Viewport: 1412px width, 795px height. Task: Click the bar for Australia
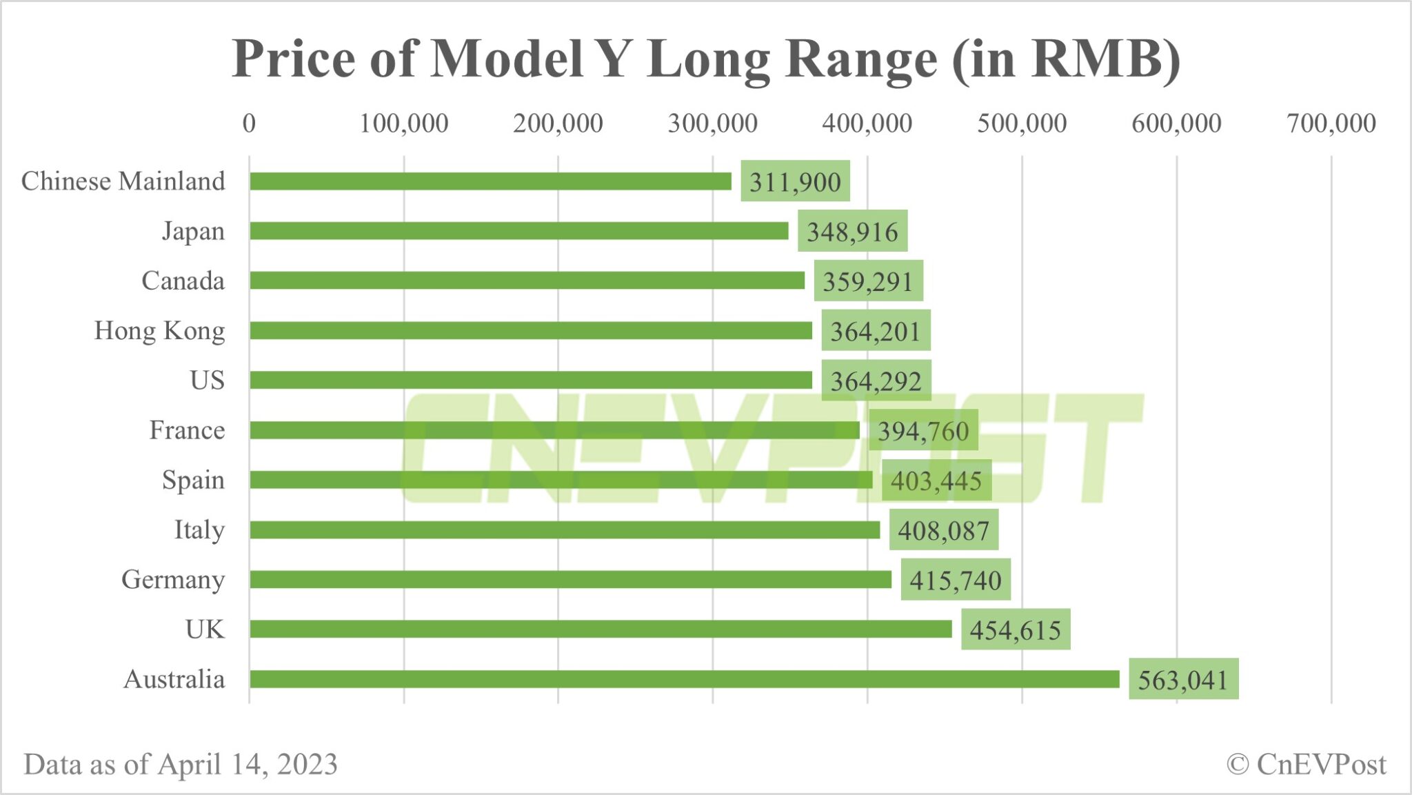(684, 679)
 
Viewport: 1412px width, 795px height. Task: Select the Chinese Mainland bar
(490, 181)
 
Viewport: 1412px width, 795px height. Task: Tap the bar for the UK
(601, 629)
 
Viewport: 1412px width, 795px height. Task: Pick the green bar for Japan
(518, 231)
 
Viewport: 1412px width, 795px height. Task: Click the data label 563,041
(1183, 680)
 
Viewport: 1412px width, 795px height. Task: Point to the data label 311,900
(795, 182)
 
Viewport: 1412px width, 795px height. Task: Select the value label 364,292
(876, 381)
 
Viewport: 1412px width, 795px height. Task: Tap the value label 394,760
(923, 431)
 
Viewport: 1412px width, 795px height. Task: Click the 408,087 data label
(943, 530)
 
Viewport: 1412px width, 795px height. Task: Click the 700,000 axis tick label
(1331, 123)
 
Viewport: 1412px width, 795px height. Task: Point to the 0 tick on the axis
(249, 123)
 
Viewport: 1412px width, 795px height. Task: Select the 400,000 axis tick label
(867, 123)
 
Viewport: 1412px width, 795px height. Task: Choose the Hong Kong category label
(159, 331)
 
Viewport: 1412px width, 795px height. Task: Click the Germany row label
(172, 580)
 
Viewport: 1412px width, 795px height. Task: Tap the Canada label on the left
(183, 281)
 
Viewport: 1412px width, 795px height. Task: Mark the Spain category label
(193, 480)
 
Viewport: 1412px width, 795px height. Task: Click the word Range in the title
(861, 59)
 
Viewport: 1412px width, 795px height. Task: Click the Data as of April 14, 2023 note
(181, 764)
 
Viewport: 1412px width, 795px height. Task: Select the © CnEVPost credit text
(1306, 764)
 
